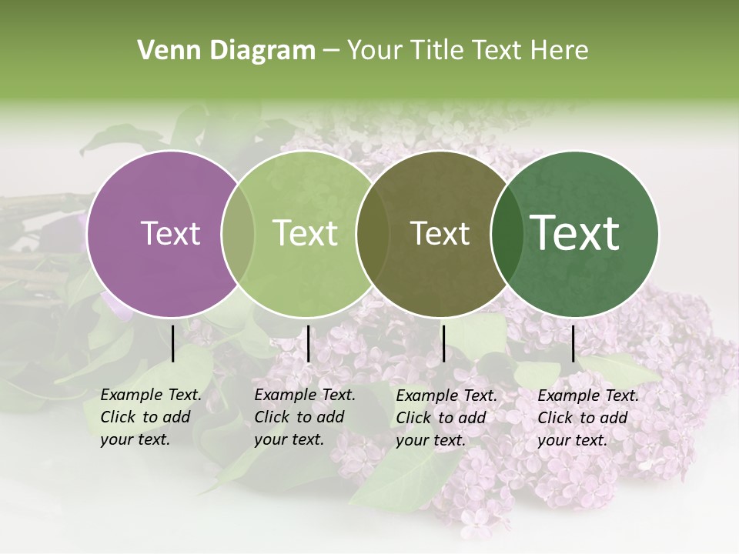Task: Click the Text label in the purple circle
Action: click(x=170, y=233)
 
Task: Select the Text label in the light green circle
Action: click(x=305, y=233)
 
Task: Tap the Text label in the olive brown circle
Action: click(x=440, y=233)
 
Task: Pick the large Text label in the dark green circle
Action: click(x=575, y=233)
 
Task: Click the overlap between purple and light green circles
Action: click(x=238, y=234)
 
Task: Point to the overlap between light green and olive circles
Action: click(x=373, y=234)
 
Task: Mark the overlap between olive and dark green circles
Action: click(x=507, y=234)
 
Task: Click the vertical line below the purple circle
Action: click(x=172, y=343)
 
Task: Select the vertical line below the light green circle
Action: click(x=308, y=343)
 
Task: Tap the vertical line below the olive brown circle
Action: click(x=443, y=343)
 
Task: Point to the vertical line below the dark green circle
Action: click(x=573, y=343)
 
